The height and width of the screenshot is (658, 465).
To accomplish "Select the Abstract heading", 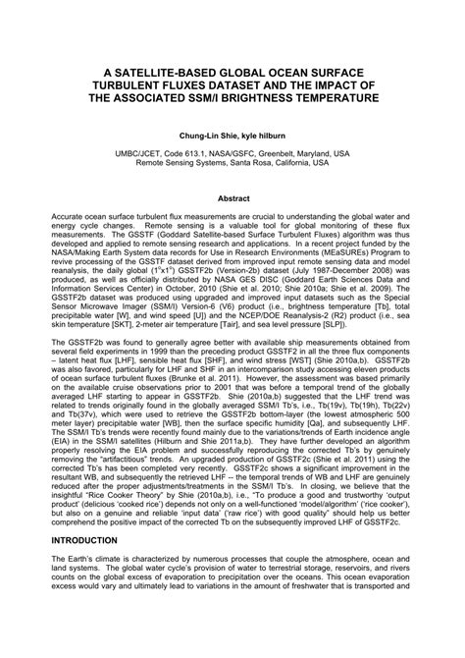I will point(232,197).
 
